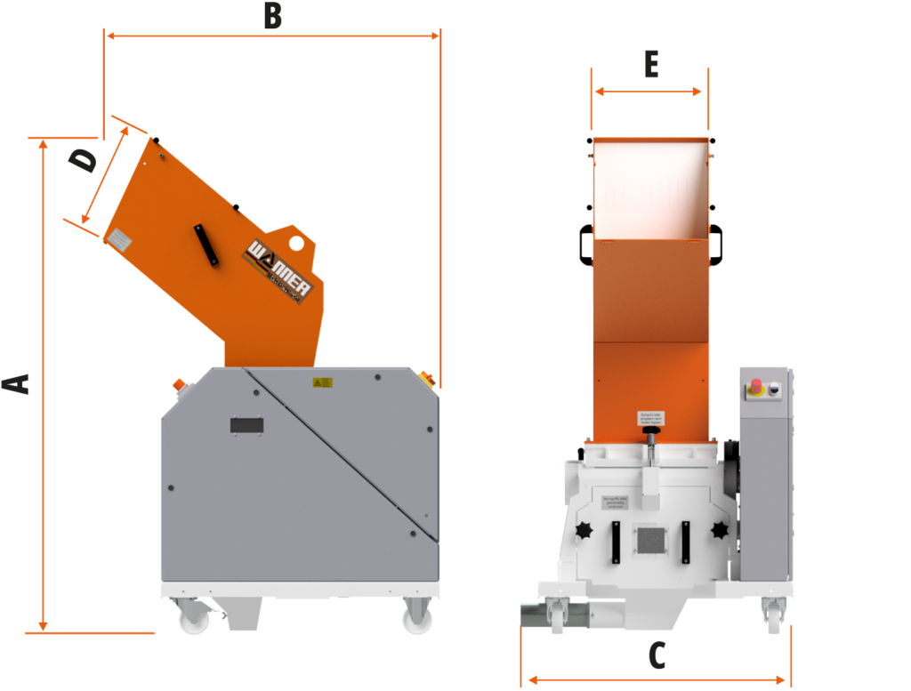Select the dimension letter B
point(272,17)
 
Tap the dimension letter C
point(656,655)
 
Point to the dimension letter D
point(84,161)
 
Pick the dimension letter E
point(650,65)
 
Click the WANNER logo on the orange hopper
point(278,270)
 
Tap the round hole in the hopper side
point(296,242)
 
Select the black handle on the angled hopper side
point(207,244)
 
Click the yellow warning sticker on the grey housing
point(322,382)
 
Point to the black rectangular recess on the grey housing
point(248,426)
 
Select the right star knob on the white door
point(719,532)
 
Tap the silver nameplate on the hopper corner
point(117,237)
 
